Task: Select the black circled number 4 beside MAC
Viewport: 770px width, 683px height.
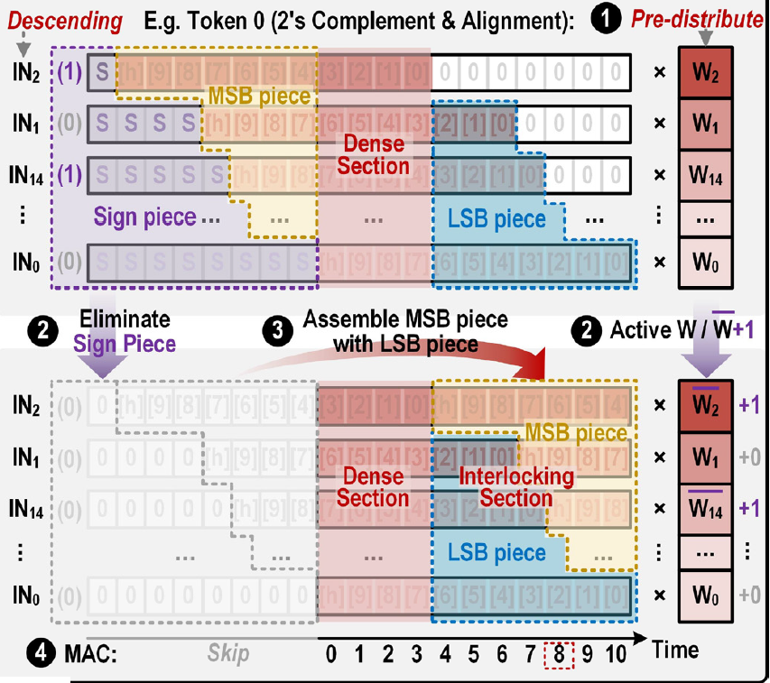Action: click(x=15, y=651)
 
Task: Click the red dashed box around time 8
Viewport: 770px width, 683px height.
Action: click(x=560, y=651)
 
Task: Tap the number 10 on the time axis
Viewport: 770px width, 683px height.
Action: click(x=616, y=651)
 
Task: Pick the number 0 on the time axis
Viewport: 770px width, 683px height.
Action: click(x=331, y=651)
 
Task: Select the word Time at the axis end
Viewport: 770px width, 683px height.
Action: click(x=674, y=650)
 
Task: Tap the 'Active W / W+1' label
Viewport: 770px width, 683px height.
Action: click(x=682, y=329)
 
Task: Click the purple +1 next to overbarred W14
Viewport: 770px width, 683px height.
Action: click(x=748, y=507)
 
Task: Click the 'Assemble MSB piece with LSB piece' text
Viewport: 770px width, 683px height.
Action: click(x=404, y=331)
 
